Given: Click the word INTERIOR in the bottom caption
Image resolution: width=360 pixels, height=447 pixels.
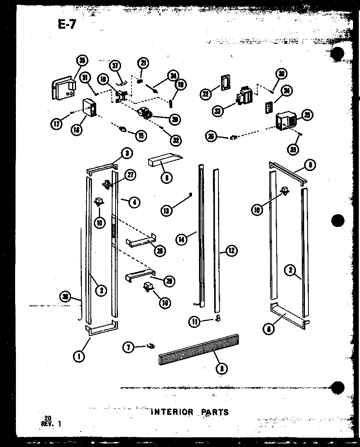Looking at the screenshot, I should coord(171,412).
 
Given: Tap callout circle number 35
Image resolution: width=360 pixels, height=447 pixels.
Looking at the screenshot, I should coord(82,60).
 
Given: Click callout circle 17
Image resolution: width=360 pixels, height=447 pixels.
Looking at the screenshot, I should coord(57,125).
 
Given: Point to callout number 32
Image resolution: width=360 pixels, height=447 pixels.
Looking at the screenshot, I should coord(177,140).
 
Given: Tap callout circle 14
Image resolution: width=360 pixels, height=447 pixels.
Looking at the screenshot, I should coord(181,239).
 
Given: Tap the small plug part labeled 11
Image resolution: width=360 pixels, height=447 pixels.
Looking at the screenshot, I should coord(218,318).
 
